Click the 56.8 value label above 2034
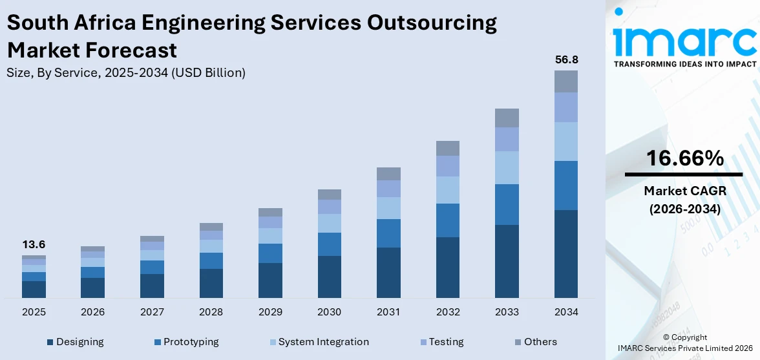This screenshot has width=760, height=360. pyautogui.click(x=566, y=59)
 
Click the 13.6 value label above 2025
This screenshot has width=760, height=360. pyautogui.click(x=34, y=245)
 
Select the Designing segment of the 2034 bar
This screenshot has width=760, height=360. pyautogui.click(x=566, y=253)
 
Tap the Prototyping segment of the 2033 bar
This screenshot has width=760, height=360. pyautogui.click(x=507, y=204)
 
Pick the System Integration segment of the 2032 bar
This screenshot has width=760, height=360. pyautogui.click(x=447, y=190)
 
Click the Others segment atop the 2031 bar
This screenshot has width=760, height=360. pyautogui.click(x=388, y=173)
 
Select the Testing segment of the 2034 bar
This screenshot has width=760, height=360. pyautogui.click(x=566, y=107)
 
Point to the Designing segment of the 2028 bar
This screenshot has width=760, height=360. pyautogui.click(x=211, y=283)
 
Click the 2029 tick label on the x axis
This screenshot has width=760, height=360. pyautogui.click(x=270, y=312)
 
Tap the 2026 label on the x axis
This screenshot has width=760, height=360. pyautogui.click(x=93, y=312)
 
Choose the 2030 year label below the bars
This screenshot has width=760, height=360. pyautogui.click(x=329, y=312)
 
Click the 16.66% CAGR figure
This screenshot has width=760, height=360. pyautogui.click(x=684, y=158)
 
